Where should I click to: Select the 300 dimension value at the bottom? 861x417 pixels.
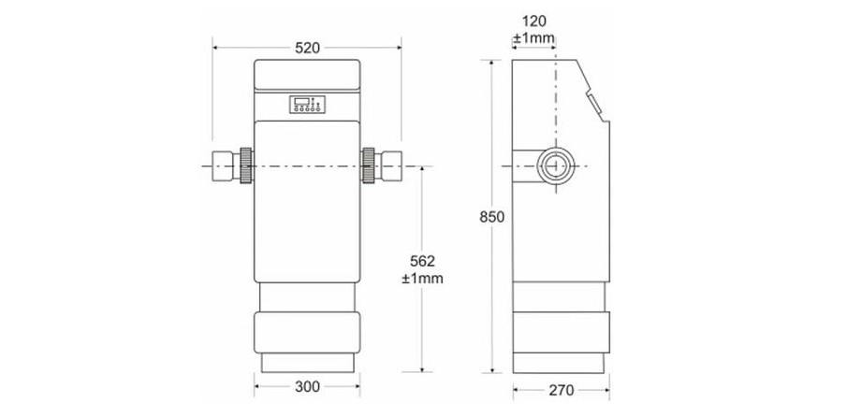pos(307,385)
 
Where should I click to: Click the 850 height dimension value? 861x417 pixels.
pos(492,216)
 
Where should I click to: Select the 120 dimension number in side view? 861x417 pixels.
pos(534,21)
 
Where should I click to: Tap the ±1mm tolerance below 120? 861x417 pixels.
pos(534,38)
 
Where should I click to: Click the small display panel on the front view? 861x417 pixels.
pos(307,105)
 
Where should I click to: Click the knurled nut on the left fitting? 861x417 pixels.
pos(246,166)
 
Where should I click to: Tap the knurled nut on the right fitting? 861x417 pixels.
pos(368,166)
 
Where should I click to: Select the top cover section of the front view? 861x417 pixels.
pos(307,75)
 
